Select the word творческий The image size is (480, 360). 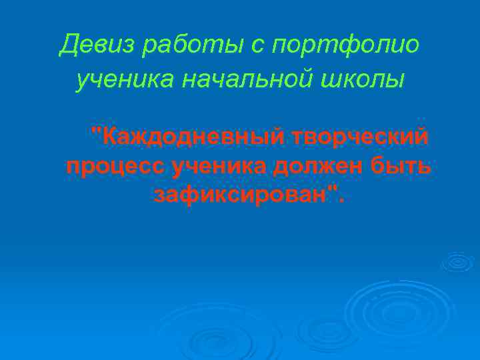[360, 138]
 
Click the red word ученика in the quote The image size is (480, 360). [217, 167]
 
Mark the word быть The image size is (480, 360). [400, 167]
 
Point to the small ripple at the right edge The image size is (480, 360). [457, 262]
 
